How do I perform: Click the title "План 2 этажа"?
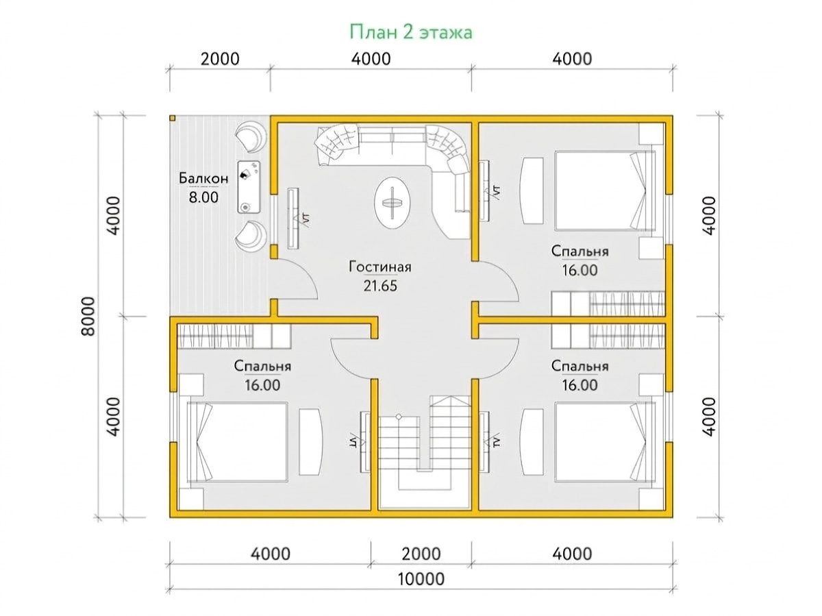tap(410, 32)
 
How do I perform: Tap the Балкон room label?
tap(203, 178)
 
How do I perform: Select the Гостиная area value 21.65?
tap(379, 286)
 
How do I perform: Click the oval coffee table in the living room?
tap(392, 202)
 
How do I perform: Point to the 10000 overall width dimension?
tap(421, 579)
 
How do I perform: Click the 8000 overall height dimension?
tap(88, 317)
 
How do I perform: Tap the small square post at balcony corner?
tap(172, 119)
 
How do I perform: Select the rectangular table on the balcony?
tap(248, 187)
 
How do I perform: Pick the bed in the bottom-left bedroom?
tap(238, 442)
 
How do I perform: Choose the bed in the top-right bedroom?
tap(605, 190)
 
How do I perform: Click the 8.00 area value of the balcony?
tap(203, 197)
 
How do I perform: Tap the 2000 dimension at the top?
tap(220, 59)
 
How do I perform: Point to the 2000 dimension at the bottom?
tap(421, 554)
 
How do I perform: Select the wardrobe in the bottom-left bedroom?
tap(234, 336)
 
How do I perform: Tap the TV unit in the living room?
tap(293, 219)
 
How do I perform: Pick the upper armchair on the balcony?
tap(251, 138)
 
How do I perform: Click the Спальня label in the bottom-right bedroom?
tap(580, 366)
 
